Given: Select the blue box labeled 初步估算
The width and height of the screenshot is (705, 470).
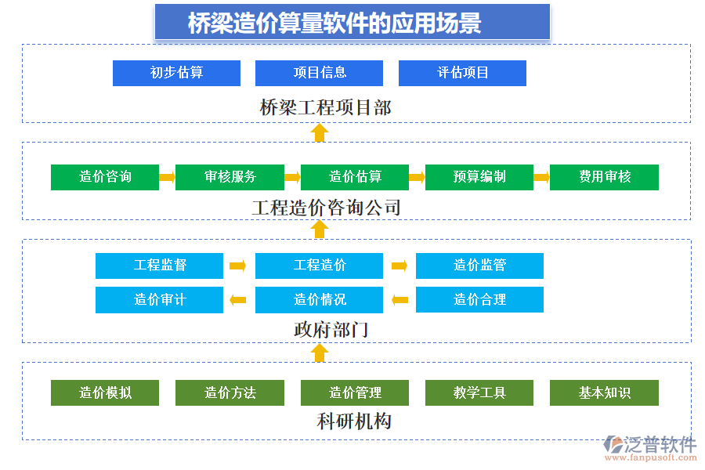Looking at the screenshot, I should click(176, 73).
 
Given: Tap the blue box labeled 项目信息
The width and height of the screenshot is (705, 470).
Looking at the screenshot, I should click(319, 73).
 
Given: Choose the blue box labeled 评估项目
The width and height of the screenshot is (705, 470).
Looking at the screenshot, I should click(462, 73).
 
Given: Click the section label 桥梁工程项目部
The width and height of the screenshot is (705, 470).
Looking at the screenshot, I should click(325, 107).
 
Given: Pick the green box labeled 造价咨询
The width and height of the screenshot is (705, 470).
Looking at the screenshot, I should click(105, 177).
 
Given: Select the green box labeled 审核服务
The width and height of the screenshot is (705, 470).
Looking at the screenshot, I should click(230, 177).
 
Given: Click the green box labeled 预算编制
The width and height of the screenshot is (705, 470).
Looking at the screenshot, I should click(479, 177).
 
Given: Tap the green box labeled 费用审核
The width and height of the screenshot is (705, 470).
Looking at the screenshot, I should click(604, 177).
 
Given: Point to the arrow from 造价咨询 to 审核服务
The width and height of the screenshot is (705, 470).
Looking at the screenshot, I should click(167, 177).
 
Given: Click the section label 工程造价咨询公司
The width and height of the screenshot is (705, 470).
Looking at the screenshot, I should click(326, 208).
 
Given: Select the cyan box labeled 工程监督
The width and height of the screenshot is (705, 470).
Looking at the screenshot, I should click(159, 266).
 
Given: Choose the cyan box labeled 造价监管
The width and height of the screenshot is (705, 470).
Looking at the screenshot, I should click(479, 266).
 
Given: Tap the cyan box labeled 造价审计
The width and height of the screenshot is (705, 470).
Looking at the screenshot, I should click(159, 299).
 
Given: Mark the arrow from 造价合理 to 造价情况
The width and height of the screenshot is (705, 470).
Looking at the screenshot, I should click(399, 299).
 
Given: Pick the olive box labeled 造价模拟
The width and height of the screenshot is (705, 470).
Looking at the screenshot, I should click(105, 392).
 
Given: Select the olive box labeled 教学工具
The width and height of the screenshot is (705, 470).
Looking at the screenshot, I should click(479, 392).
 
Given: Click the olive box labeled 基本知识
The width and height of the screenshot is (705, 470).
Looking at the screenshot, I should click(604, 392).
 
